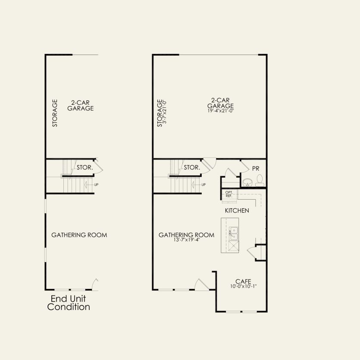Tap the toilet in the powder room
260,180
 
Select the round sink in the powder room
247,182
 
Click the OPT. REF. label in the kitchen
229,194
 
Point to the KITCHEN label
237,211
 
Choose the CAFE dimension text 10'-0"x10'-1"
244,286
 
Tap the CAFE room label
243,281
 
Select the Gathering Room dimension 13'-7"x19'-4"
186,240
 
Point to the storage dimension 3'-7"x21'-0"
164,113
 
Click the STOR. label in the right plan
192,167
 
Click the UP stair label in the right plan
203,185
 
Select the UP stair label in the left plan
96,185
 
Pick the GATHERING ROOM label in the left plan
79,235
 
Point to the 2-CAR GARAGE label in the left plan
80,105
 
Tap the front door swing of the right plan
202,285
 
